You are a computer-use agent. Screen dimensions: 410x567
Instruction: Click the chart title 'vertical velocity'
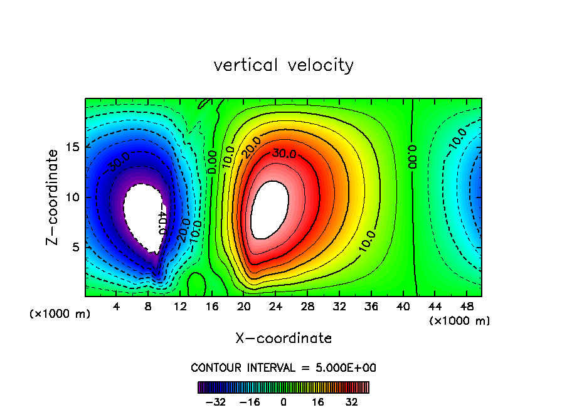point(283,65)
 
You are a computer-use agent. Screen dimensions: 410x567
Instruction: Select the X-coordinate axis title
point(283,339)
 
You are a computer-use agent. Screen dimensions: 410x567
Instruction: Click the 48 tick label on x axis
point(467,307)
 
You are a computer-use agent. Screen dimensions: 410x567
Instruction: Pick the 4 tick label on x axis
point(116,307)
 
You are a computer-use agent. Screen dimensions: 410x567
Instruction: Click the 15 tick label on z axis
point(73,147)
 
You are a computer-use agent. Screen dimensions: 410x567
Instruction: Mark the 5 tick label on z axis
point(76,247)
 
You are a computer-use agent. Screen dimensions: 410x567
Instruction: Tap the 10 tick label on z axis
point(73,197)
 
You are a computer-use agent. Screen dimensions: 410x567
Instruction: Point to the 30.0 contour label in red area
point(284,153)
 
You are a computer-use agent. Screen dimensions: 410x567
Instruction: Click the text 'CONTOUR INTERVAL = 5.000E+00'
point(283,367)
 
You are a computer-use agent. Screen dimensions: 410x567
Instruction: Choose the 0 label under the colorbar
point(283,402)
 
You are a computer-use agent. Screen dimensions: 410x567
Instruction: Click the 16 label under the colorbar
point(318,402)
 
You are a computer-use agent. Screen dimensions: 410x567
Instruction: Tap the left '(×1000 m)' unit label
point(60,314)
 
